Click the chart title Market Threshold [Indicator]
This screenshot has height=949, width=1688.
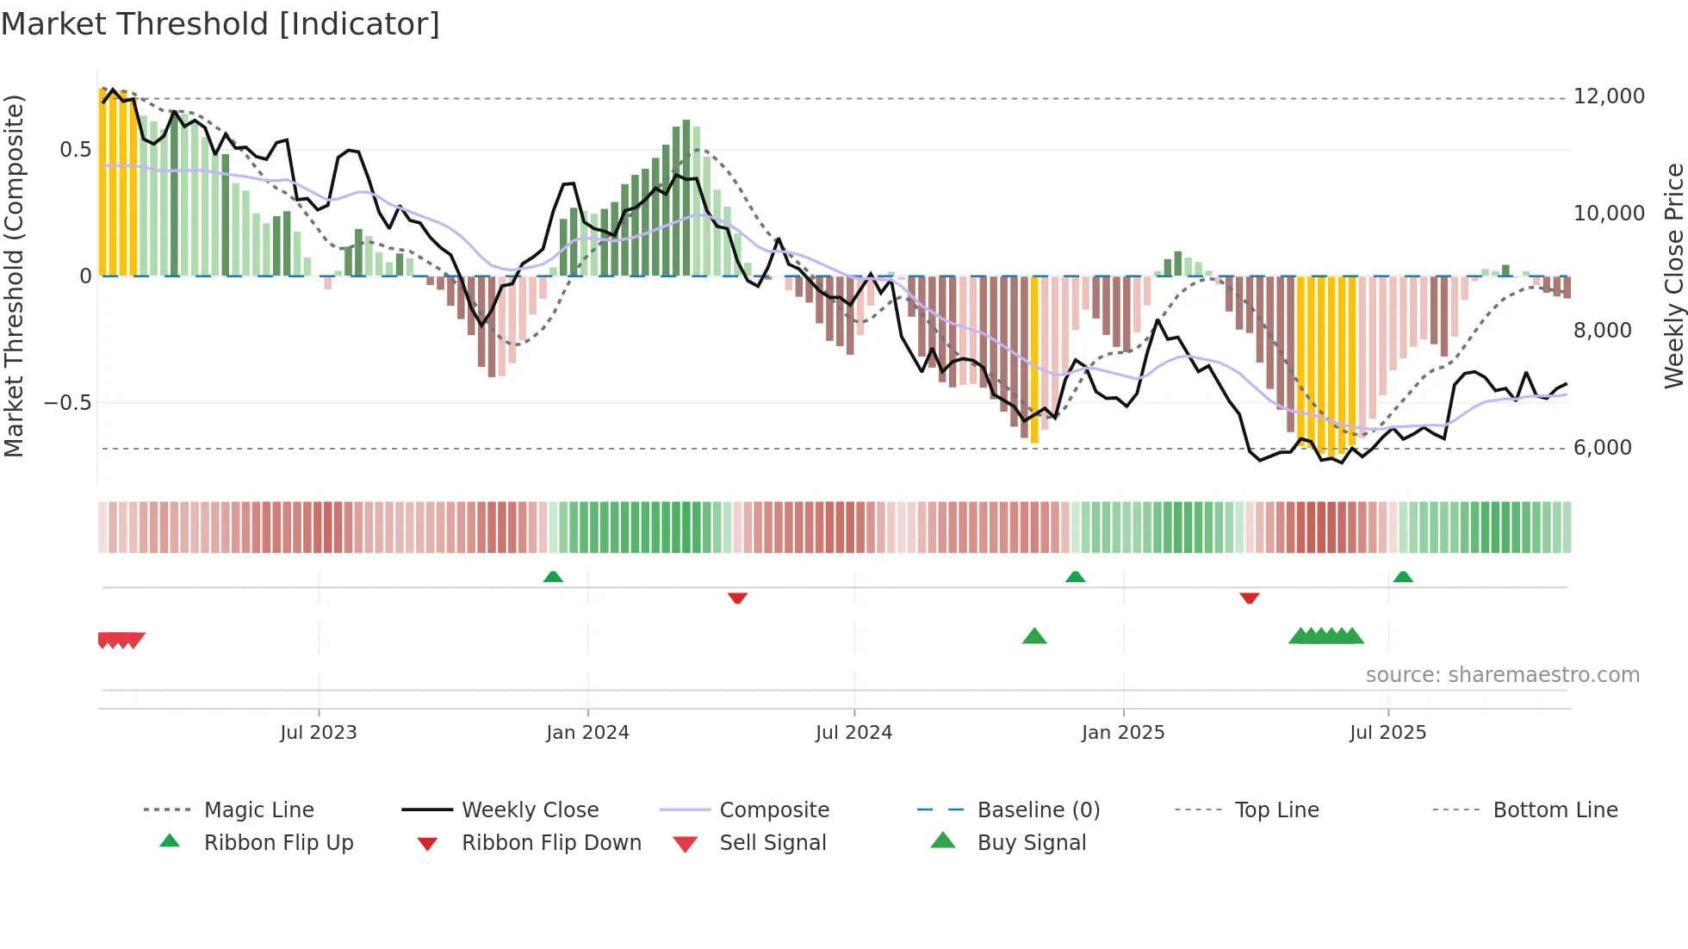pyautogui.click(x=220, y=24)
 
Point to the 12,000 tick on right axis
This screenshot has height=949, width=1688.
pyautogui.click(x=1609, y=96)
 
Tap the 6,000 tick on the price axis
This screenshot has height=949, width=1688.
pyautogui.click(x=1602, y=448)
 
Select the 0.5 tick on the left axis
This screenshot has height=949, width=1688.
pyautogui.click(x=75, y=150)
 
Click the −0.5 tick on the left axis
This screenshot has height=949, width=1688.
pyautogui.click(x=67, y=403)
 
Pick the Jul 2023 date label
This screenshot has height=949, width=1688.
pyautogui.click(x=318, y=733)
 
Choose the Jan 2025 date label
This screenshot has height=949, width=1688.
pyautogui.click(x=1122, y=733)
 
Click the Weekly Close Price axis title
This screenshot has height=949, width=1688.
pyautogui.click(x=1673, y=276)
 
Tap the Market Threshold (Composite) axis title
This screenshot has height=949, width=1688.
pyautogui.click(x=14, y=276)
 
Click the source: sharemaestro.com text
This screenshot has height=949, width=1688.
pyautogui.click(x=1502, y=675)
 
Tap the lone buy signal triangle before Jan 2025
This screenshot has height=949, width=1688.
pyautogui.click(x=1033, y=636)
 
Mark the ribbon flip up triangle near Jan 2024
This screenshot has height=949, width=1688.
pyautogui.click(x=553, y=577)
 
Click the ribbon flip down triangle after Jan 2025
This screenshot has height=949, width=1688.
pyautogui.click(x=1249, y=598)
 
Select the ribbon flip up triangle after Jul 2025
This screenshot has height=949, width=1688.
pyautogui.click(x=1402, y=577)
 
